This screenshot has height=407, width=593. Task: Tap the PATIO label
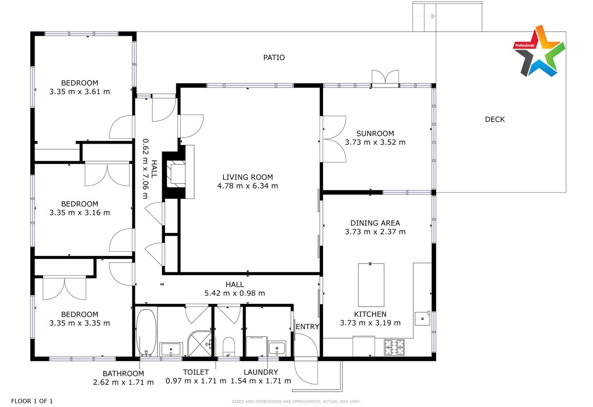274,58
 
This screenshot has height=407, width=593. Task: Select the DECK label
495,119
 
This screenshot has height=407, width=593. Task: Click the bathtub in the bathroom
146,332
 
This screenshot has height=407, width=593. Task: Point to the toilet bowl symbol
229,347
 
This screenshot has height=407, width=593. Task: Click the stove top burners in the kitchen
394,347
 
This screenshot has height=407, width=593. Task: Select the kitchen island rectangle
371,285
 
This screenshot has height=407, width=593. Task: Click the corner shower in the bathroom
199,344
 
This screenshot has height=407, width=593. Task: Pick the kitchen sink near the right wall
422,318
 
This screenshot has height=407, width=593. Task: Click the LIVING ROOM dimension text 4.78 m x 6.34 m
248,186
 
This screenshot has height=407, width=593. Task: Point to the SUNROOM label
375,134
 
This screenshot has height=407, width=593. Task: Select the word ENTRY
307,327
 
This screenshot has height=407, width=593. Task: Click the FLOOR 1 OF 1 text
32,401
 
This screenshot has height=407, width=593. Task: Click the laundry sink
277,348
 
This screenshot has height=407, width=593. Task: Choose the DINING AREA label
375,223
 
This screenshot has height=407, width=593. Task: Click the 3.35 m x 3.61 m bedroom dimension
80,92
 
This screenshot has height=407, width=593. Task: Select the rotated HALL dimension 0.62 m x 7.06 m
146,169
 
